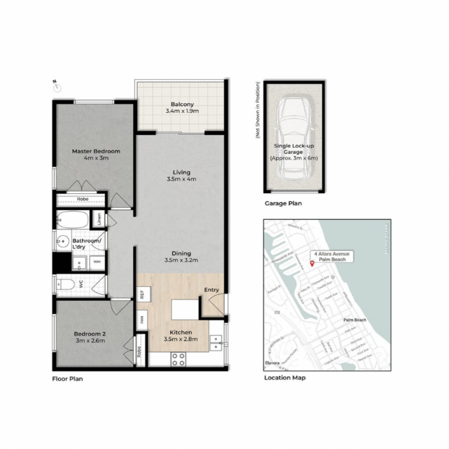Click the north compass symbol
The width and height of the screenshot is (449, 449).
click(57, 87)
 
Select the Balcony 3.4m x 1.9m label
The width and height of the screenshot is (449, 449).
click(182, 108)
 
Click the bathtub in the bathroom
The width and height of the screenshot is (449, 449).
click(73, 220)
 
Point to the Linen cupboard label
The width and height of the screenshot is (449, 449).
click(99, 219)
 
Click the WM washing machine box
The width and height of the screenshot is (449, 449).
click(97, 262)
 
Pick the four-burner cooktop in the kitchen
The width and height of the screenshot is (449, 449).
click(178, 360)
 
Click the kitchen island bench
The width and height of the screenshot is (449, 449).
click(184, 309)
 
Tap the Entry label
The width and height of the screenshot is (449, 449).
click(211, 290)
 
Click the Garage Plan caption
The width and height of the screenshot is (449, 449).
click(283, 204)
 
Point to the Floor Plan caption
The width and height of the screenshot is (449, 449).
click(67, 379)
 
